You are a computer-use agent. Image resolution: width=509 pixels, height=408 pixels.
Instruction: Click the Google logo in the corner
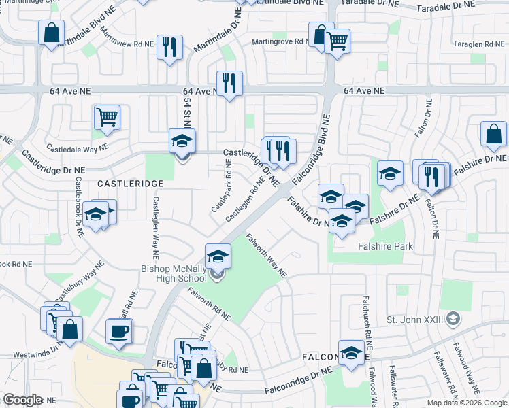coord(22,400)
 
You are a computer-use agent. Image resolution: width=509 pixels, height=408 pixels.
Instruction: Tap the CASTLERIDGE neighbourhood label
coord(130,184)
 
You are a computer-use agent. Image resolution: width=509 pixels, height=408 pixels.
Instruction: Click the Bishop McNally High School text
coord(174,274)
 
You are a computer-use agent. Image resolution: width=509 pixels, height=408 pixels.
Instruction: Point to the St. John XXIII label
coord(415,319)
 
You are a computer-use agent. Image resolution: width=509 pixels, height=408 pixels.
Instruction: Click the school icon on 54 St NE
coord(182,142)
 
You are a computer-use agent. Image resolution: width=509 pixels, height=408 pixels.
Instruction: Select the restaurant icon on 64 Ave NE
coord(229,84)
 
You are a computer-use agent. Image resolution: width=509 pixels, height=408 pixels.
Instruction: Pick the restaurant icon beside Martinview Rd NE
coord(169,48)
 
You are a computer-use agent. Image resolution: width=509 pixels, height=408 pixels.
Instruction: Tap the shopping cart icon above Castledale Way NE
coord(107,118)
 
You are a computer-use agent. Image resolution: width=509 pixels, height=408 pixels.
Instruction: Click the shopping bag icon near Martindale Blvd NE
coord(52,33)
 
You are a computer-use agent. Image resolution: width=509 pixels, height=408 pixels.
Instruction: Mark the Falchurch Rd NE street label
coord(366,320)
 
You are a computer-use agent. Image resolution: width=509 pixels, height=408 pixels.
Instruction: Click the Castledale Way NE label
coord(76,147)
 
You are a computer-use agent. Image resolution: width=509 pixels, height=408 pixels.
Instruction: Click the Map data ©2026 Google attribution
coord(467,403)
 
